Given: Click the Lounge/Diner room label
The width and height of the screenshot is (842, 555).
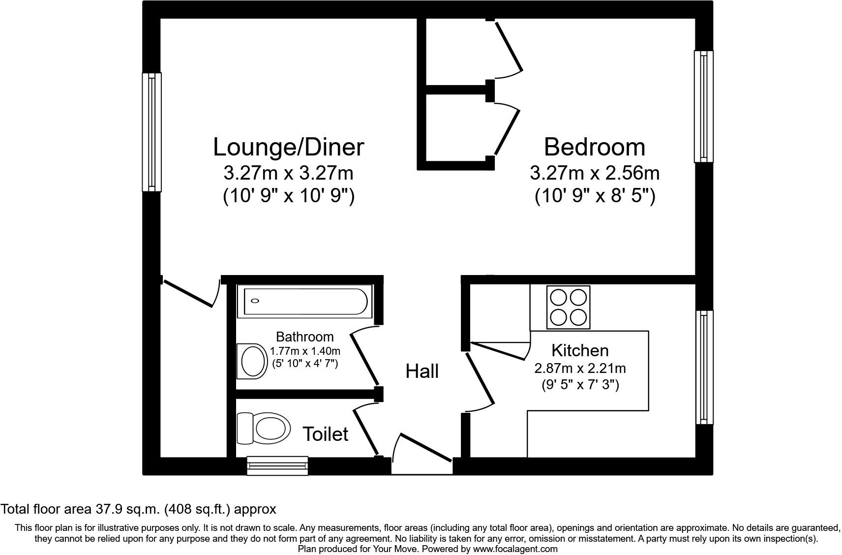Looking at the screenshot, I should click(288, 147).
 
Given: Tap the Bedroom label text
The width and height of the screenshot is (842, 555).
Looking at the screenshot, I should click(594, 147).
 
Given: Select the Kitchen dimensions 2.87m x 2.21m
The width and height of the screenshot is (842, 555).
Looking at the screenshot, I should click(580, 368).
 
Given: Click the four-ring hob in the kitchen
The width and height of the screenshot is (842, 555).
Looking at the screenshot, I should click(568, 307).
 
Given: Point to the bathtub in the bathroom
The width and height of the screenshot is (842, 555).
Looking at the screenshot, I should click(302, 301).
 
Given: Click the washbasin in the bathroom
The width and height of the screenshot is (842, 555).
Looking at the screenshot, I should click(252, 361).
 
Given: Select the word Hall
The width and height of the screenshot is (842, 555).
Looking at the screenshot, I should click(422, 371).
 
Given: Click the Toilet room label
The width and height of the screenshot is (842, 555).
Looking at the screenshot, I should click(325, 434).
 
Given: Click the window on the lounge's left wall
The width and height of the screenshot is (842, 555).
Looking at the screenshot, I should click(152, 132).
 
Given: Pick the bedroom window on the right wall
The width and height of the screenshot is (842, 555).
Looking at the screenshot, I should click(703, 106).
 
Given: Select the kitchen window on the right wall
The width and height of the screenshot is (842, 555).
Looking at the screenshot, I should click(704, 367).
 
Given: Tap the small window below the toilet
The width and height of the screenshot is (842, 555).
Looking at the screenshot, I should click(277, 465).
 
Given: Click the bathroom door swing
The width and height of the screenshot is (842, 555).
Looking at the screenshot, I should click(364, 356).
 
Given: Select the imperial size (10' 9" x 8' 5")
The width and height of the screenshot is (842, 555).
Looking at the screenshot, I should click(594, 196).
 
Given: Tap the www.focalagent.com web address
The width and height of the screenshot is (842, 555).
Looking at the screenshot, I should click(515, 549).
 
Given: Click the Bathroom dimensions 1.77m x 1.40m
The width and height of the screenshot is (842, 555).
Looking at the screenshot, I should click(305, 351).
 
